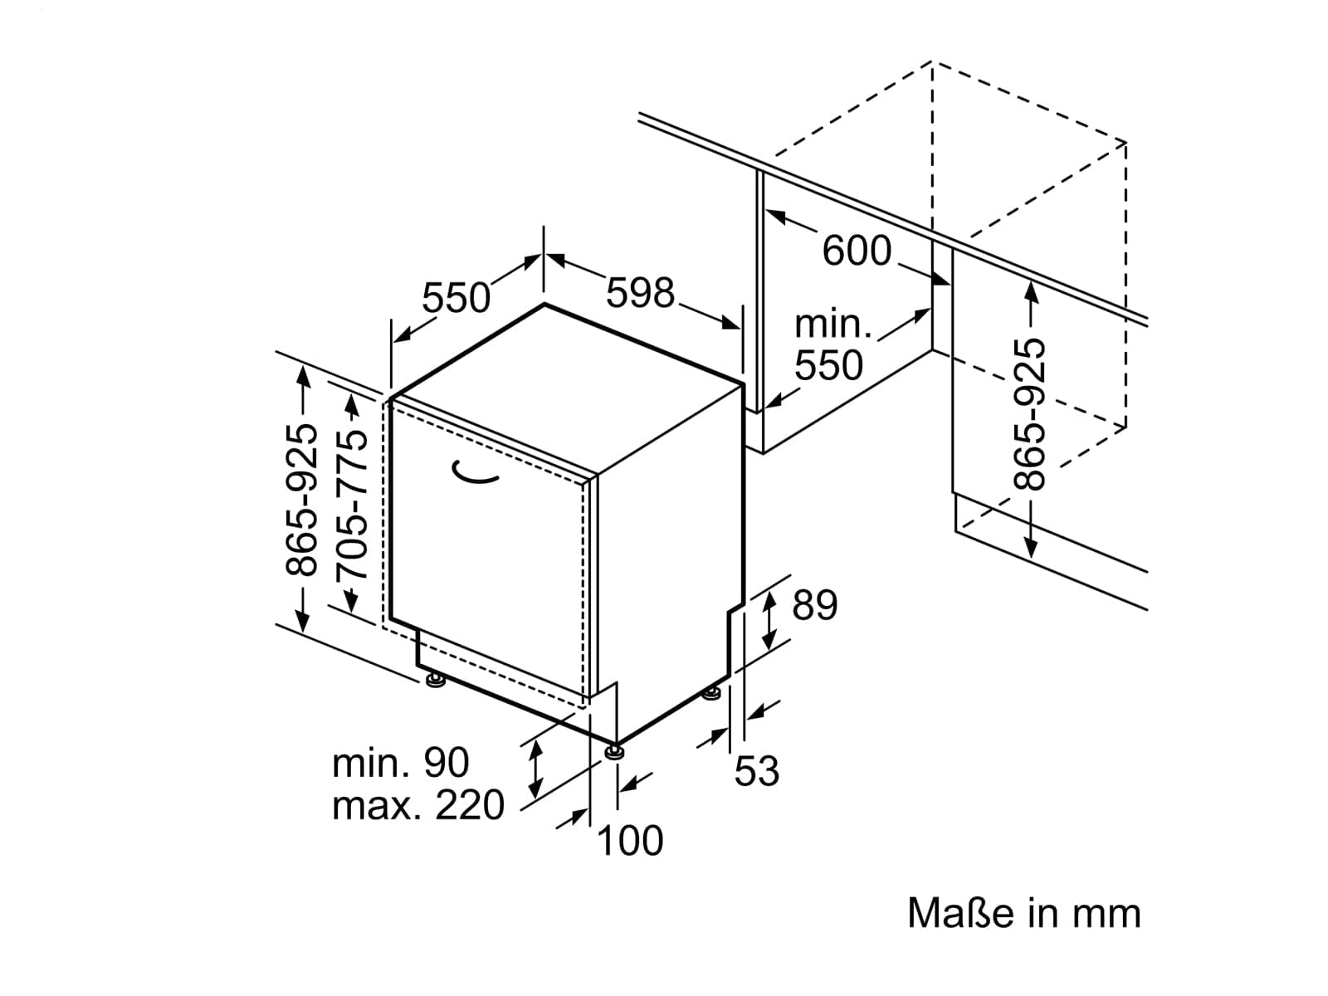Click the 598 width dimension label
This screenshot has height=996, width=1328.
(x=640, y=293)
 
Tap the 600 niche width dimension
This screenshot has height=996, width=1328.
(x=857, y=251)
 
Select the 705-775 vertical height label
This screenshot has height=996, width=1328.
(x=352, y=504)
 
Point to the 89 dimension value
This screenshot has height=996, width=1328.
(x=814, y=604)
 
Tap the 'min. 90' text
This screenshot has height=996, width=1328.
(x=401, y=763)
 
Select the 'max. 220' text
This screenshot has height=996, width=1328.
(x=418, y=805)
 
